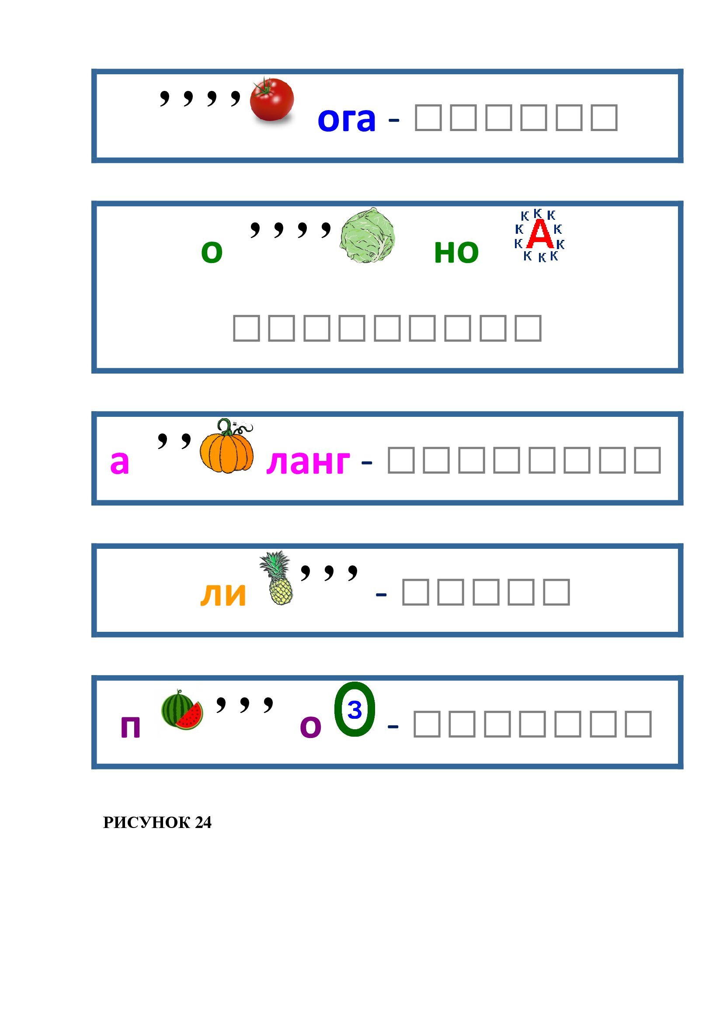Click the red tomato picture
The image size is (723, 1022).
[271, 99]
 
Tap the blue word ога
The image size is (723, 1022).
[346, 120]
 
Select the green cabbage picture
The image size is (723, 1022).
[367, 236]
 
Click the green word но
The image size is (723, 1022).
[456, 252]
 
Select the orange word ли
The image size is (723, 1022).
[223, 594]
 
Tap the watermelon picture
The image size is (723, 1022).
[181, 710]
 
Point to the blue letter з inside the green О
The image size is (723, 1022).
[355, 710]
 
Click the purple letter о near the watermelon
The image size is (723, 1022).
[310, 727]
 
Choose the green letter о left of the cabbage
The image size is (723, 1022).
[212, 252]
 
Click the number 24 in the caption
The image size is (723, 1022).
[203, 823]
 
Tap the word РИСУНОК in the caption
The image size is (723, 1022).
[146, 823]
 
